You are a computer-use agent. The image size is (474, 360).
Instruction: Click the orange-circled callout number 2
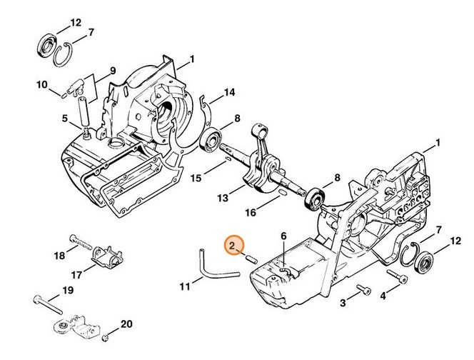(x=233, y=246)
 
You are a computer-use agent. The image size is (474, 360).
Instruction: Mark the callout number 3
(x=343, y=304)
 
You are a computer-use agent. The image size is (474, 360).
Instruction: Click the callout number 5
(x=64, y=119)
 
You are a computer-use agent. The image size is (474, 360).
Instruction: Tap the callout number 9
(x=112, y=70)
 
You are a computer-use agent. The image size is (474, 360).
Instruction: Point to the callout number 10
(x=42, y=85)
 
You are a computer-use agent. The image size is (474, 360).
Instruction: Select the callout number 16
(x=251, y=213)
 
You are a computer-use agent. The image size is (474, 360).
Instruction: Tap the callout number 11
(x=185, y=286)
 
